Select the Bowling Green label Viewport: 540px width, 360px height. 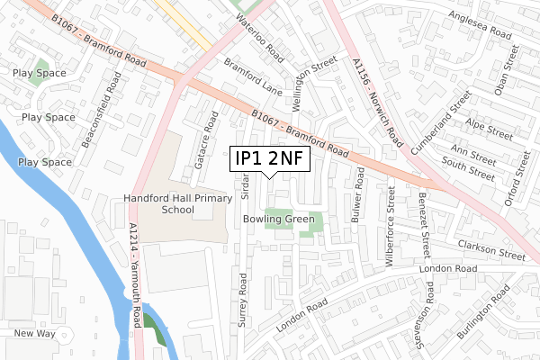coord(278,219)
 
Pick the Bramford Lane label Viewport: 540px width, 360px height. coord(254,79)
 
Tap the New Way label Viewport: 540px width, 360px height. coord(35,334)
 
